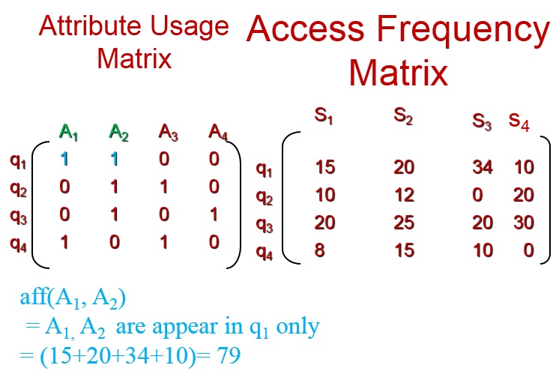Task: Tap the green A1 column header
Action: (69, 134)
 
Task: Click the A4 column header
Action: (218, 134)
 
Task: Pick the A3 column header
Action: (169, 134)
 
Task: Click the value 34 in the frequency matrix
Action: (483, 167)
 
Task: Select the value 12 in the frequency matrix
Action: (404, 196)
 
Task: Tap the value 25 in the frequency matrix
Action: (404, 223)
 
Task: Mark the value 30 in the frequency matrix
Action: (524, 223)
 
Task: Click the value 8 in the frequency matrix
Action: (321, 250)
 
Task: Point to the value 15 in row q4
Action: (404, 250)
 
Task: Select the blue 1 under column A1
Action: (65, 159)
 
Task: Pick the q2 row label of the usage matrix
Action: (18, 187)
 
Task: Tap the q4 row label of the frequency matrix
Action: (265, 252)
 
